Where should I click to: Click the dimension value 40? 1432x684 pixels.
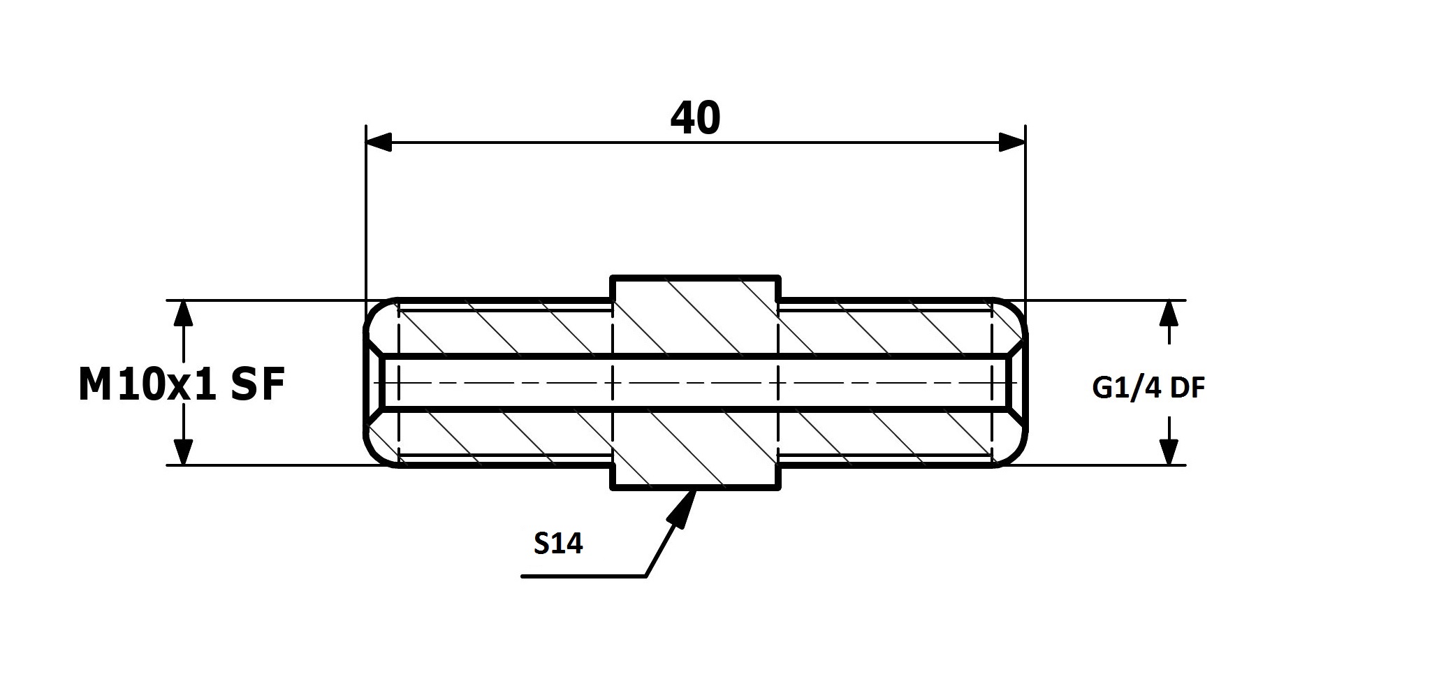click(695, 118)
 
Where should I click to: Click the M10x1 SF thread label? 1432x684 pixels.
click(182, 385)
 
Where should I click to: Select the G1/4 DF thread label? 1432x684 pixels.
click(1149, 388)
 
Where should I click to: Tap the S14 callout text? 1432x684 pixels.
click(558, 544)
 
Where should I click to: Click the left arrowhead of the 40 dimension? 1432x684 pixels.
click(379, 143)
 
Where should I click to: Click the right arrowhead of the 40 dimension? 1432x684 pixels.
click(1012, 143)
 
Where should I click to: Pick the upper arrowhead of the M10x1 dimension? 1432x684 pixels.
click(183, 314)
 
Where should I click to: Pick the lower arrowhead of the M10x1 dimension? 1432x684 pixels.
click(183, 451)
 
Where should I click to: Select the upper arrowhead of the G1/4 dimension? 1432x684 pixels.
click(1169, 314)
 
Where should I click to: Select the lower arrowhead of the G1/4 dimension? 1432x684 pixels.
click(1169, 451)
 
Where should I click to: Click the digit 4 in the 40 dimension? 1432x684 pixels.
click(682, 118)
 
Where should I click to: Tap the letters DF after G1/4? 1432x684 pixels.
click(1188, 388)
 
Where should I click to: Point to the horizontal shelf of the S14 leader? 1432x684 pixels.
click(584, 576)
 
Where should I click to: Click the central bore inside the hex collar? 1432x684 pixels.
click(695, 383)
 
